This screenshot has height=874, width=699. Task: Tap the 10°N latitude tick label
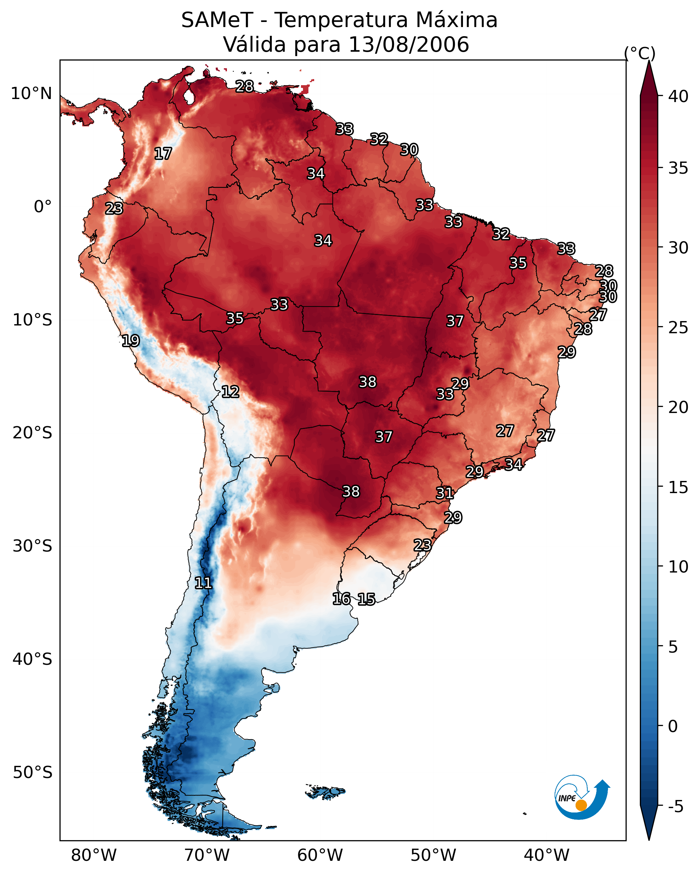31,94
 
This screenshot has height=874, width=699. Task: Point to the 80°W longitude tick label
94,855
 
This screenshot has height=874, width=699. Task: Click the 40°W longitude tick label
546,855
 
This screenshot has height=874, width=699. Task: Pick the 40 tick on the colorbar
678,96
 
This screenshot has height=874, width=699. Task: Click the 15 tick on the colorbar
678,487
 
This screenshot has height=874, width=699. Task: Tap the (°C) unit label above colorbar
639,53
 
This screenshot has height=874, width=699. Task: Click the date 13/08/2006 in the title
409,45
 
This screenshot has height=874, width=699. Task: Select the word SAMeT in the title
217,20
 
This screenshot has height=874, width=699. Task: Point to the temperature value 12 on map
230,392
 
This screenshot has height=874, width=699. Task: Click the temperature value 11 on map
203,583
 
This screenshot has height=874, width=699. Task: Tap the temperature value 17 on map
163,154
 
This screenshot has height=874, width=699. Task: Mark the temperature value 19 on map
131,341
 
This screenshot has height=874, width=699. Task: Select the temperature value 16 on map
341,599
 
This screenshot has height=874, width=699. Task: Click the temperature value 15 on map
366,599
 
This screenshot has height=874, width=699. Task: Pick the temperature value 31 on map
445,493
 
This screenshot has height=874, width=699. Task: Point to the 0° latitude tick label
43,207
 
